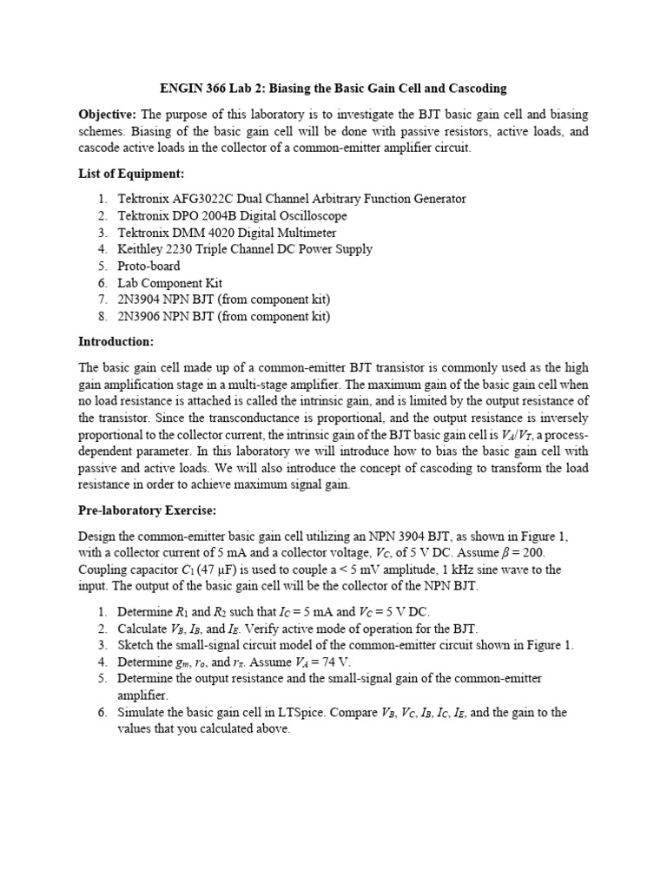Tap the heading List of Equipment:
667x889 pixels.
[x=130, y=174]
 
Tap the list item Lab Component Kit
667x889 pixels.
[x=169, y=283]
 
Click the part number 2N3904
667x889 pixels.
[x=143, y=300]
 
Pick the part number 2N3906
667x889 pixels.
[x=143, y=316]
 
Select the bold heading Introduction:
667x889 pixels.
[x=116, y=341]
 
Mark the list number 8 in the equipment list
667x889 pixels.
[x=102, y=316]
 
